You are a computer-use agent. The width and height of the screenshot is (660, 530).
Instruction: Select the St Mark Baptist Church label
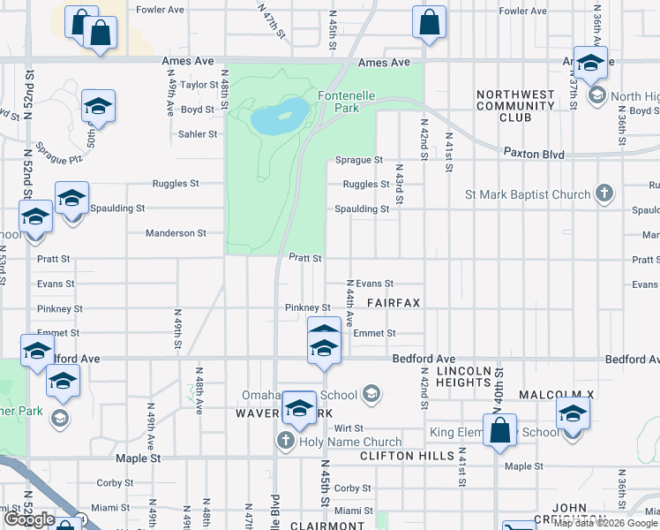(527, 194)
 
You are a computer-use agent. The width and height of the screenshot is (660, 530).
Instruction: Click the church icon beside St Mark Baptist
(604, 193)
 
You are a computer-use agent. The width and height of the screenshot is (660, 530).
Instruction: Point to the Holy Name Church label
(350, 442)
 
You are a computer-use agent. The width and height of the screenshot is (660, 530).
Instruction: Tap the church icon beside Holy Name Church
(285, 441)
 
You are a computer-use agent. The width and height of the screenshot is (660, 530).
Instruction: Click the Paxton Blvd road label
(534, 154)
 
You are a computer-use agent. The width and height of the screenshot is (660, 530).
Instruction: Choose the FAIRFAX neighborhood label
(394, 302)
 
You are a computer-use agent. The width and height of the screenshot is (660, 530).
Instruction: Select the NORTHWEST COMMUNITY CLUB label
(515, 105)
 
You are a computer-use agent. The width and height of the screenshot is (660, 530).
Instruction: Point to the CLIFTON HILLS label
(407, 457)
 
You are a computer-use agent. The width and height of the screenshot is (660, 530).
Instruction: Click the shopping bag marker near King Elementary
(499, 431)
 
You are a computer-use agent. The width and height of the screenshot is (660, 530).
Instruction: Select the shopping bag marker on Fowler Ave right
(429, 23)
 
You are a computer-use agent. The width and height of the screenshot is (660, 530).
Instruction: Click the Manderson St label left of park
(176, 233)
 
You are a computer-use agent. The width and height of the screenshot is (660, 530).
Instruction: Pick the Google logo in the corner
(30, 519)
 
